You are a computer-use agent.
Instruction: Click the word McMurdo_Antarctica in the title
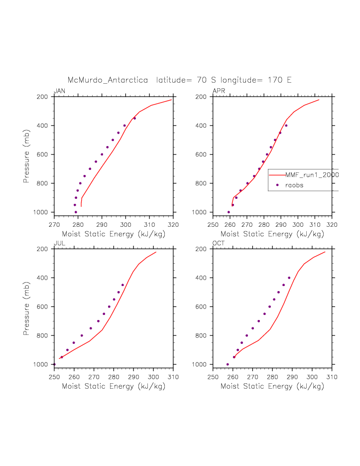[108, 80]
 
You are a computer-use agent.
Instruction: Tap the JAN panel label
[59, 91]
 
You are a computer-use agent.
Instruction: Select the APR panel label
[219, 91]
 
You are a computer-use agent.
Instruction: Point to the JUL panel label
[59, 243]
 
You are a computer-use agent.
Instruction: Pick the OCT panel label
[219, 243]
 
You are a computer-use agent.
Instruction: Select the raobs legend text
[294, 185]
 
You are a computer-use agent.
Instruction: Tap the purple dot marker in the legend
[277, 185]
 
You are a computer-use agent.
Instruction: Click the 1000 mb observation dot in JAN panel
[76, 212]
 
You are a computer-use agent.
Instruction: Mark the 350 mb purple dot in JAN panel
[134, 118]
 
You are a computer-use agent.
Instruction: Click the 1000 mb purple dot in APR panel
[229, 212]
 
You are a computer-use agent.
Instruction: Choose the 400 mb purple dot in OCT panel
[289, 278]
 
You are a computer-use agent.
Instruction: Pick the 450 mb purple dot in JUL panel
[122, 285]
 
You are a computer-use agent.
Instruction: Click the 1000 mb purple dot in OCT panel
[228, 364]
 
